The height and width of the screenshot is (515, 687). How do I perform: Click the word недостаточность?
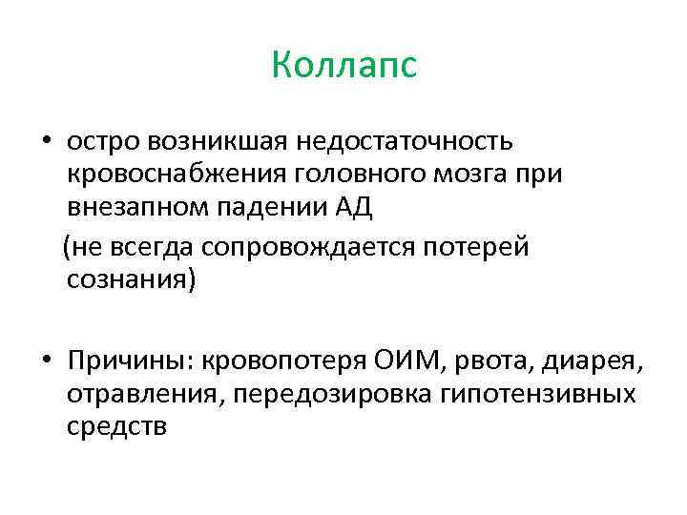[x=406, y=142]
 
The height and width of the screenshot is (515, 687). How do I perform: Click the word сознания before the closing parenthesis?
[x=124, y=279]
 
